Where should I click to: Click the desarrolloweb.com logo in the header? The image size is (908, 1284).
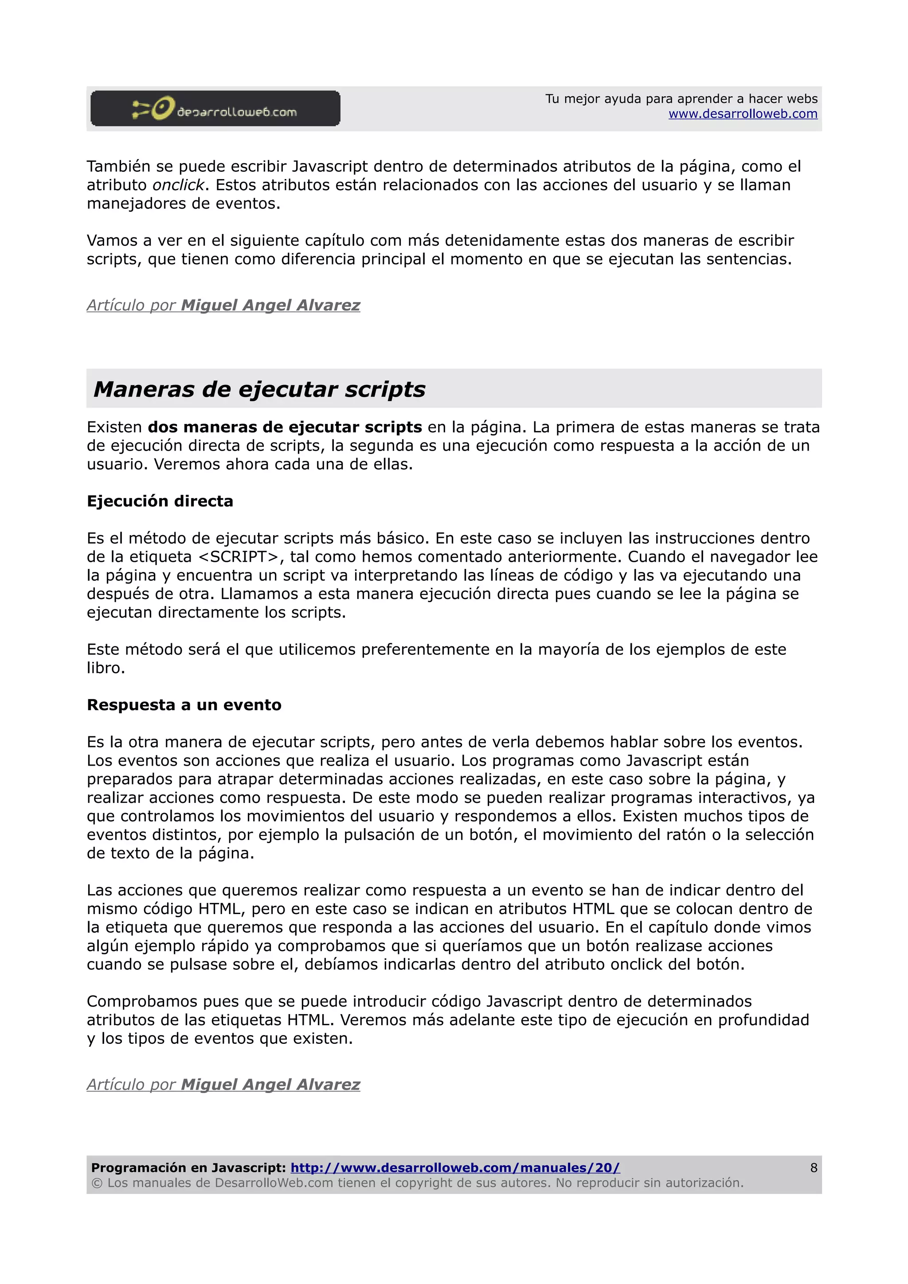(x=215, y=109)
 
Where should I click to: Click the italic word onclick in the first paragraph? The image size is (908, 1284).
(x=178, y=185)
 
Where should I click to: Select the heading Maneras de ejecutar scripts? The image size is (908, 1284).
(x=259, y=389)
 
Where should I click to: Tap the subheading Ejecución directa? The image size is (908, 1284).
(x=160, y=501)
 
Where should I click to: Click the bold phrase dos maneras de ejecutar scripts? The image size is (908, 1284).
(x=285, y=427)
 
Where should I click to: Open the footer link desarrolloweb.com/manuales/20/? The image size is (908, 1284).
(x=455, y=1167)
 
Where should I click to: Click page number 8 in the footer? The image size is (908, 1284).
(x=814, y=1167)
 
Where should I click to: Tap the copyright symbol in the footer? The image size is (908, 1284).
(x=97, y=1183)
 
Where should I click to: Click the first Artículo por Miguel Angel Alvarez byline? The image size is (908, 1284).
(x=223, y=305)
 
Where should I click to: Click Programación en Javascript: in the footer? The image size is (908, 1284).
(x=188, y=1167)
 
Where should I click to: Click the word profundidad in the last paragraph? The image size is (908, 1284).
(x=763, y=1020)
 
